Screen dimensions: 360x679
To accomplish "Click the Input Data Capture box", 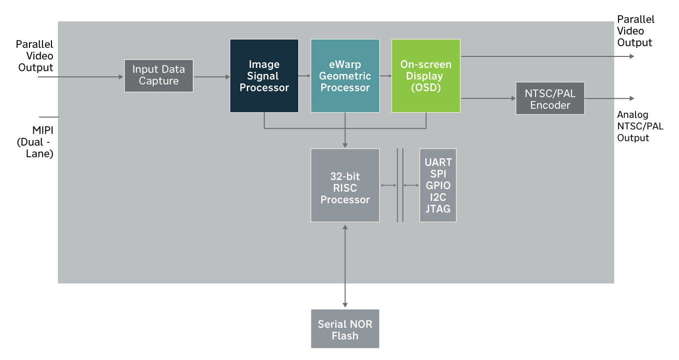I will tap(158, 75).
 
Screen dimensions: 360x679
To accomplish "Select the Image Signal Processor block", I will tap(264, 76).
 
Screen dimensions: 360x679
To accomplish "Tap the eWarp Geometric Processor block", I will tap(345, 76).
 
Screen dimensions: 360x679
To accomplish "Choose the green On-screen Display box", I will tap(426, 76).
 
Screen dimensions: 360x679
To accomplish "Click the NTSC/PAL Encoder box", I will tap(550, 99).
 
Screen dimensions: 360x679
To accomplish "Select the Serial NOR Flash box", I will tap(345, 329).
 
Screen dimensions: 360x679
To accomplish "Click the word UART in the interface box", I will tap(438, 162).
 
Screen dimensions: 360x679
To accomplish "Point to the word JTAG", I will tap(438, 209).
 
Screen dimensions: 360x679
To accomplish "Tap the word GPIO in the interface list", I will tap(438, 185).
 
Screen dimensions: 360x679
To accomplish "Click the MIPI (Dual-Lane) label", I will tap(35, 142).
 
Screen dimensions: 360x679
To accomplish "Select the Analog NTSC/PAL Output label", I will tap(640, 126).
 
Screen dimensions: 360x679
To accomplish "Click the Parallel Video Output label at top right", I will tap(635, 31).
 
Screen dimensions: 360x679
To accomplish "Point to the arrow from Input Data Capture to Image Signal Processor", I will tap(211, 76).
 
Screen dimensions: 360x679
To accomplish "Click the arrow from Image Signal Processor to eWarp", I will tap(305, 76).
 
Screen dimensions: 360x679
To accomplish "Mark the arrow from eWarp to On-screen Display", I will tap(385, 76).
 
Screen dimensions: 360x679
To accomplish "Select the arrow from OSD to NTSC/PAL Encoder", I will tap(488, 98).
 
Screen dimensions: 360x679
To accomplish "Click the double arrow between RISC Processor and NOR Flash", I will tap(345, 265).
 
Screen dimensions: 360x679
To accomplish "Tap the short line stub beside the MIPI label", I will tap(48, 117).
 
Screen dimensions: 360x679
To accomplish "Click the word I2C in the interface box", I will tap(438, 197).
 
